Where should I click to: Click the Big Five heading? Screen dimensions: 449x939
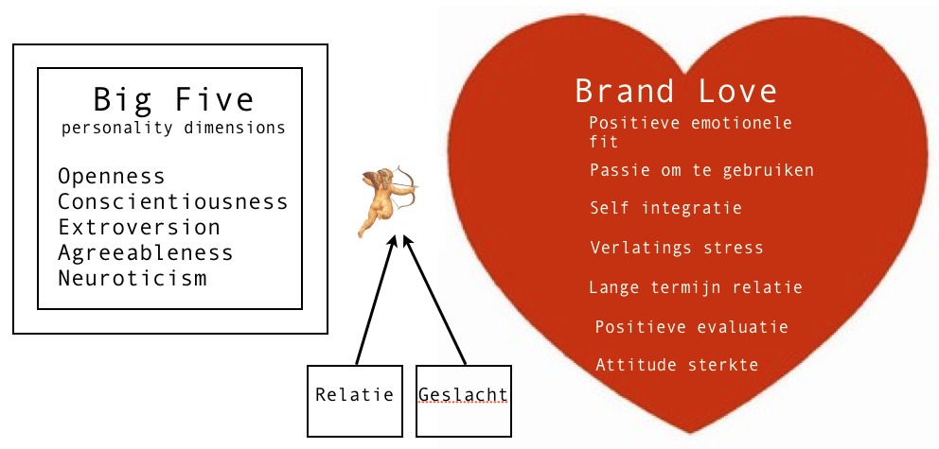click(173, 99)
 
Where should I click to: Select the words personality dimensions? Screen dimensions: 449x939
click(173, 129)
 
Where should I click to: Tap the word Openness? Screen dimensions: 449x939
click(111, 177)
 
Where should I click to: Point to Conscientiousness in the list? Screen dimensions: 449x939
click(173, 202)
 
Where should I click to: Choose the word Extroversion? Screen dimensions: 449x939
click(138, 228)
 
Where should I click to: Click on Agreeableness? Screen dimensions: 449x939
click(145, 253)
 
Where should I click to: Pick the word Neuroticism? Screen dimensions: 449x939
click(132, 279)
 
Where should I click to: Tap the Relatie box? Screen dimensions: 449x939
click(355, 394)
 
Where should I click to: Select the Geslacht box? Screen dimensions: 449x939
click(463, 395)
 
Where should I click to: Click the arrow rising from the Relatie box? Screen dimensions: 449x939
click(375, 302)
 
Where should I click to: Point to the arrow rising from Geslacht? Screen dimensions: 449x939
click(435, 302)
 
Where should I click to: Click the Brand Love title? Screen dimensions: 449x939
click(676, 92)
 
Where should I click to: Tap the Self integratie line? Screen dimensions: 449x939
click(665, 208)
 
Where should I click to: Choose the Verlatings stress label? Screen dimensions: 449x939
click(676, 248)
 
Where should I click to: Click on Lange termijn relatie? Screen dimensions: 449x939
click(696, 287)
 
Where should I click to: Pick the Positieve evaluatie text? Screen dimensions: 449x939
click(691, 327)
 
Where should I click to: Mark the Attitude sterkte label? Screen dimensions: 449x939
click(677, 365)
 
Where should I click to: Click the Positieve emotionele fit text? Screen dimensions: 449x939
click(689, 132)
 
